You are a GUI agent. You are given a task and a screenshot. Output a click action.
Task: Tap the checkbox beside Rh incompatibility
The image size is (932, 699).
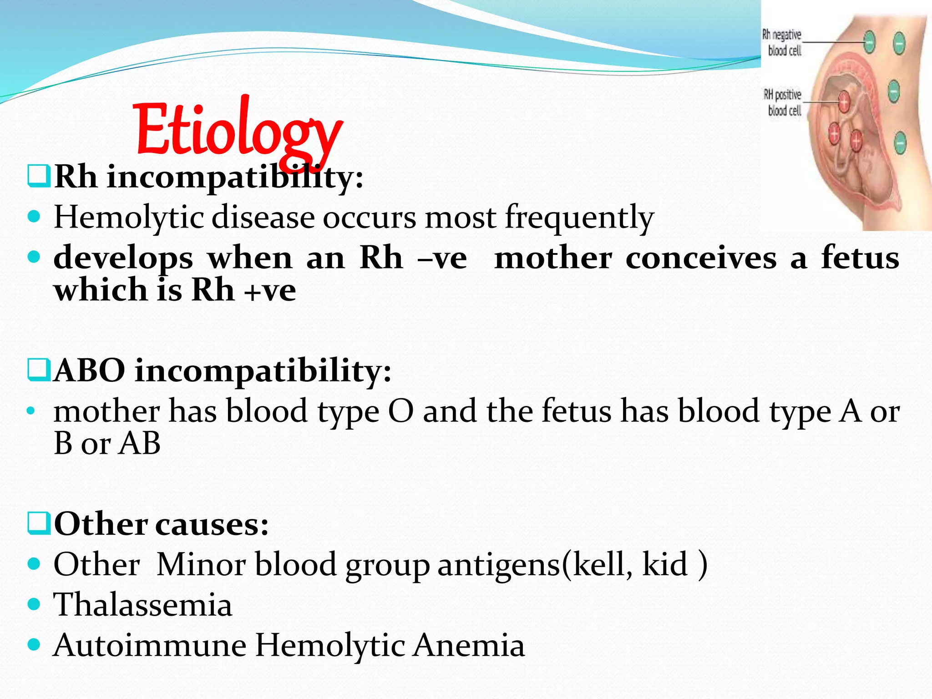(x=38, y=177)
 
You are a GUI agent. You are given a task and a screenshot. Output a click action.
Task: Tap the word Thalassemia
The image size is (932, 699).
(x=143, y=605)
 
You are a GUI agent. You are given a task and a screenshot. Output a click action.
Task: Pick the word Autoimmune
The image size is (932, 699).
(x=150, y=645)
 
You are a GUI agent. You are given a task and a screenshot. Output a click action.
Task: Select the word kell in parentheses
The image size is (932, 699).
(x=602, y=565)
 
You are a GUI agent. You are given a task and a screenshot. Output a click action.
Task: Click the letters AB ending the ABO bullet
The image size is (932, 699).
(x=139, y=443)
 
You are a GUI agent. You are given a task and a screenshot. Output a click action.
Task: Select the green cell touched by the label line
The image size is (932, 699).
(x=869, y=42)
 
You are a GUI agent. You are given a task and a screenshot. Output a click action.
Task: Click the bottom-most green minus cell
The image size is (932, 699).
(x=900, y=143)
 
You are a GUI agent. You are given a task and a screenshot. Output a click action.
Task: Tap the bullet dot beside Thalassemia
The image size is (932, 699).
(x=34, y=604)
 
